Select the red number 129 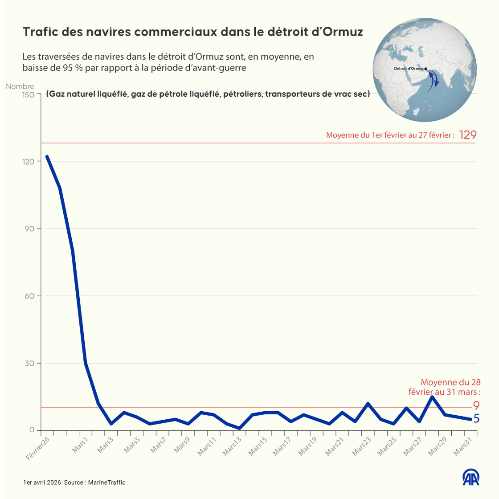pos(468,135)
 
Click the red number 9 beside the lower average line pos(476,405)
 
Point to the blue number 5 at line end pos(476,419)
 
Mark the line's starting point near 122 pos(47,157)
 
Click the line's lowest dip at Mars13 pos(240,428)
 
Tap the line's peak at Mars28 pos(432,397)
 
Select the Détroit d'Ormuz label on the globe pos(409,69)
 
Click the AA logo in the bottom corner pos(471,477)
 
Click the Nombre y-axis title pos(20,86)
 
